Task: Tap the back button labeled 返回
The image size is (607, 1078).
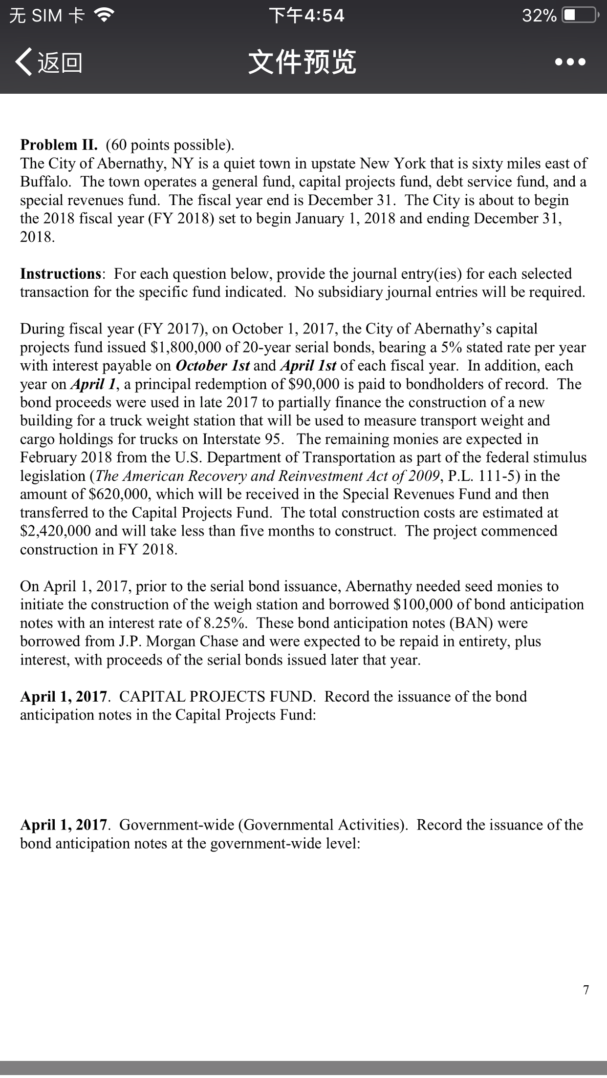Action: click(x=49, y=62)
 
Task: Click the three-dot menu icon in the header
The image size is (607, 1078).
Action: click(x=570, y=62)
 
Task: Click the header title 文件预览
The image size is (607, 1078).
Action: click(x=303, y=62)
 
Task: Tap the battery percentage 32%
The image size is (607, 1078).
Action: click(x=539, y=16)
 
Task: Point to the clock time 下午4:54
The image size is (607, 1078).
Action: click(x=307, y=16)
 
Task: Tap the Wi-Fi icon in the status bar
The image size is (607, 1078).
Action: click(x=104, y=16)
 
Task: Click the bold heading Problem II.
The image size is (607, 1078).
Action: click(x=59, y=145)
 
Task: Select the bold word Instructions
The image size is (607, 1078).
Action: click(x=61, y=273)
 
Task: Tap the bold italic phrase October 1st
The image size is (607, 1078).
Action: click(x=213, y=366)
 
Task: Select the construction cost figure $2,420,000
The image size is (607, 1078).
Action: click(x=55, y=531)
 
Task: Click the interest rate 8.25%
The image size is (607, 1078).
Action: click(x=225, y=623)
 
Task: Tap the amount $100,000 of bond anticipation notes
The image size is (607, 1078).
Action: click(x=427, y=604)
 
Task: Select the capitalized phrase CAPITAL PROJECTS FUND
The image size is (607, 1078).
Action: click(x=217, y=696)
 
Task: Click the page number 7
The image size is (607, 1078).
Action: click(x=586, y=990)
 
